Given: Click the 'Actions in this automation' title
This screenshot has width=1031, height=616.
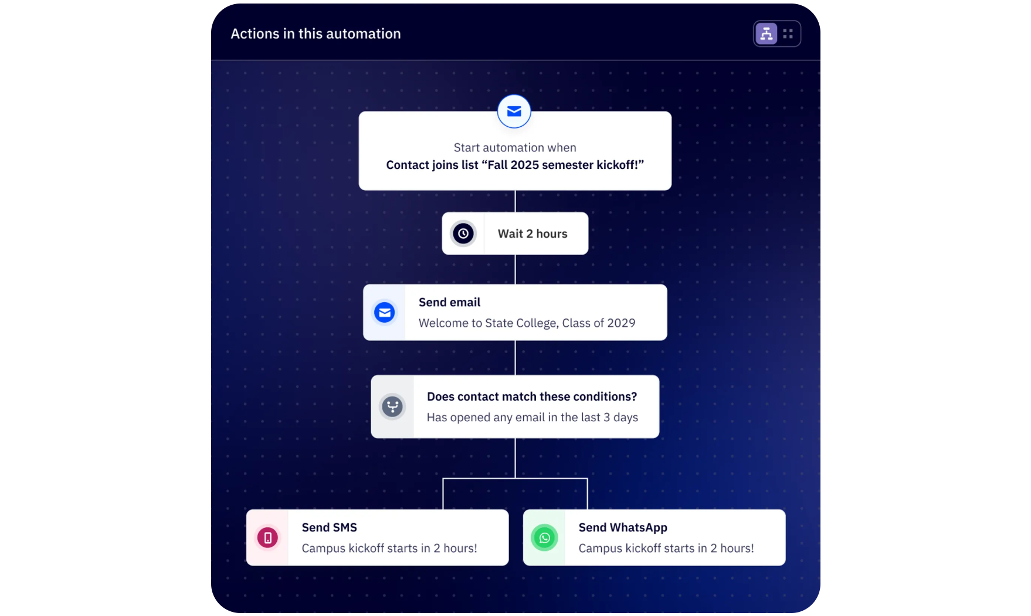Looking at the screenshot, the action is pos(316,34).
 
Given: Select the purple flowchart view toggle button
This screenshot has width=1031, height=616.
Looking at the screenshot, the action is pos(766,34).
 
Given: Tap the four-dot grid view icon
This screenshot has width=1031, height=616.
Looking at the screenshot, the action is pos(788,34).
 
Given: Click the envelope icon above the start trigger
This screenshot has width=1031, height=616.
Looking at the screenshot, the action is pos(514,111).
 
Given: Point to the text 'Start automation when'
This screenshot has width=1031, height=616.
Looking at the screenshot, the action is pos(515,148).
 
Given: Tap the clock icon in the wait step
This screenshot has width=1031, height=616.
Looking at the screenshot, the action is pos(463,233).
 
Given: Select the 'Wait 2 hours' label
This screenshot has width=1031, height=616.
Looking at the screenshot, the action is pos(533,233).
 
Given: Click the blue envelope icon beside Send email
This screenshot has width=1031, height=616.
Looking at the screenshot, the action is pos(385,313).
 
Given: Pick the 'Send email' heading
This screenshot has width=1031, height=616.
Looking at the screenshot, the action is pos(449,302).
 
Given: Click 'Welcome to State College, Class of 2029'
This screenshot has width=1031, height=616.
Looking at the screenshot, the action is pos(527,323).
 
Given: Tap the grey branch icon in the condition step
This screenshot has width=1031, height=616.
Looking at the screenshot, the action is pos(392,407).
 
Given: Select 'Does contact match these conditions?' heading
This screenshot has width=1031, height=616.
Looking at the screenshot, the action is pos(532,397).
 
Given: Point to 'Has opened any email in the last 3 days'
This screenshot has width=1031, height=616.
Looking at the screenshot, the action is pos(532,417).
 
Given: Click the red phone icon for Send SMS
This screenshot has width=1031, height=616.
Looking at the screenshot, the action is pos(267,537).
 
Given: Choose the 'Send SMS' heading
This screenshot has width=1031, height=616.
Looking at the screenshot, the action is pos(329,527).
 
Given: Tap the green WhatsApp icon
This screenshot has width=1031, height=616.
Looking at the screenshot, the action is pos(544,537).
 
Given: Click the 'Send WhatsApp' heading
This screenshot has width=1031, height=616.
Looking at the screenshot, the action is pos(623,527).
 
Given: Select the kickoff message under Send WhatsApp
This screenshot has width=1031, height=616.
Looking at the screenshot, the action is pos(666,548).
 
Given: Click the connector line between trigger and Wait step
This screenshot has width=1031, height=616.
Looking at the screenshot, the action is pos(515,201).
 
